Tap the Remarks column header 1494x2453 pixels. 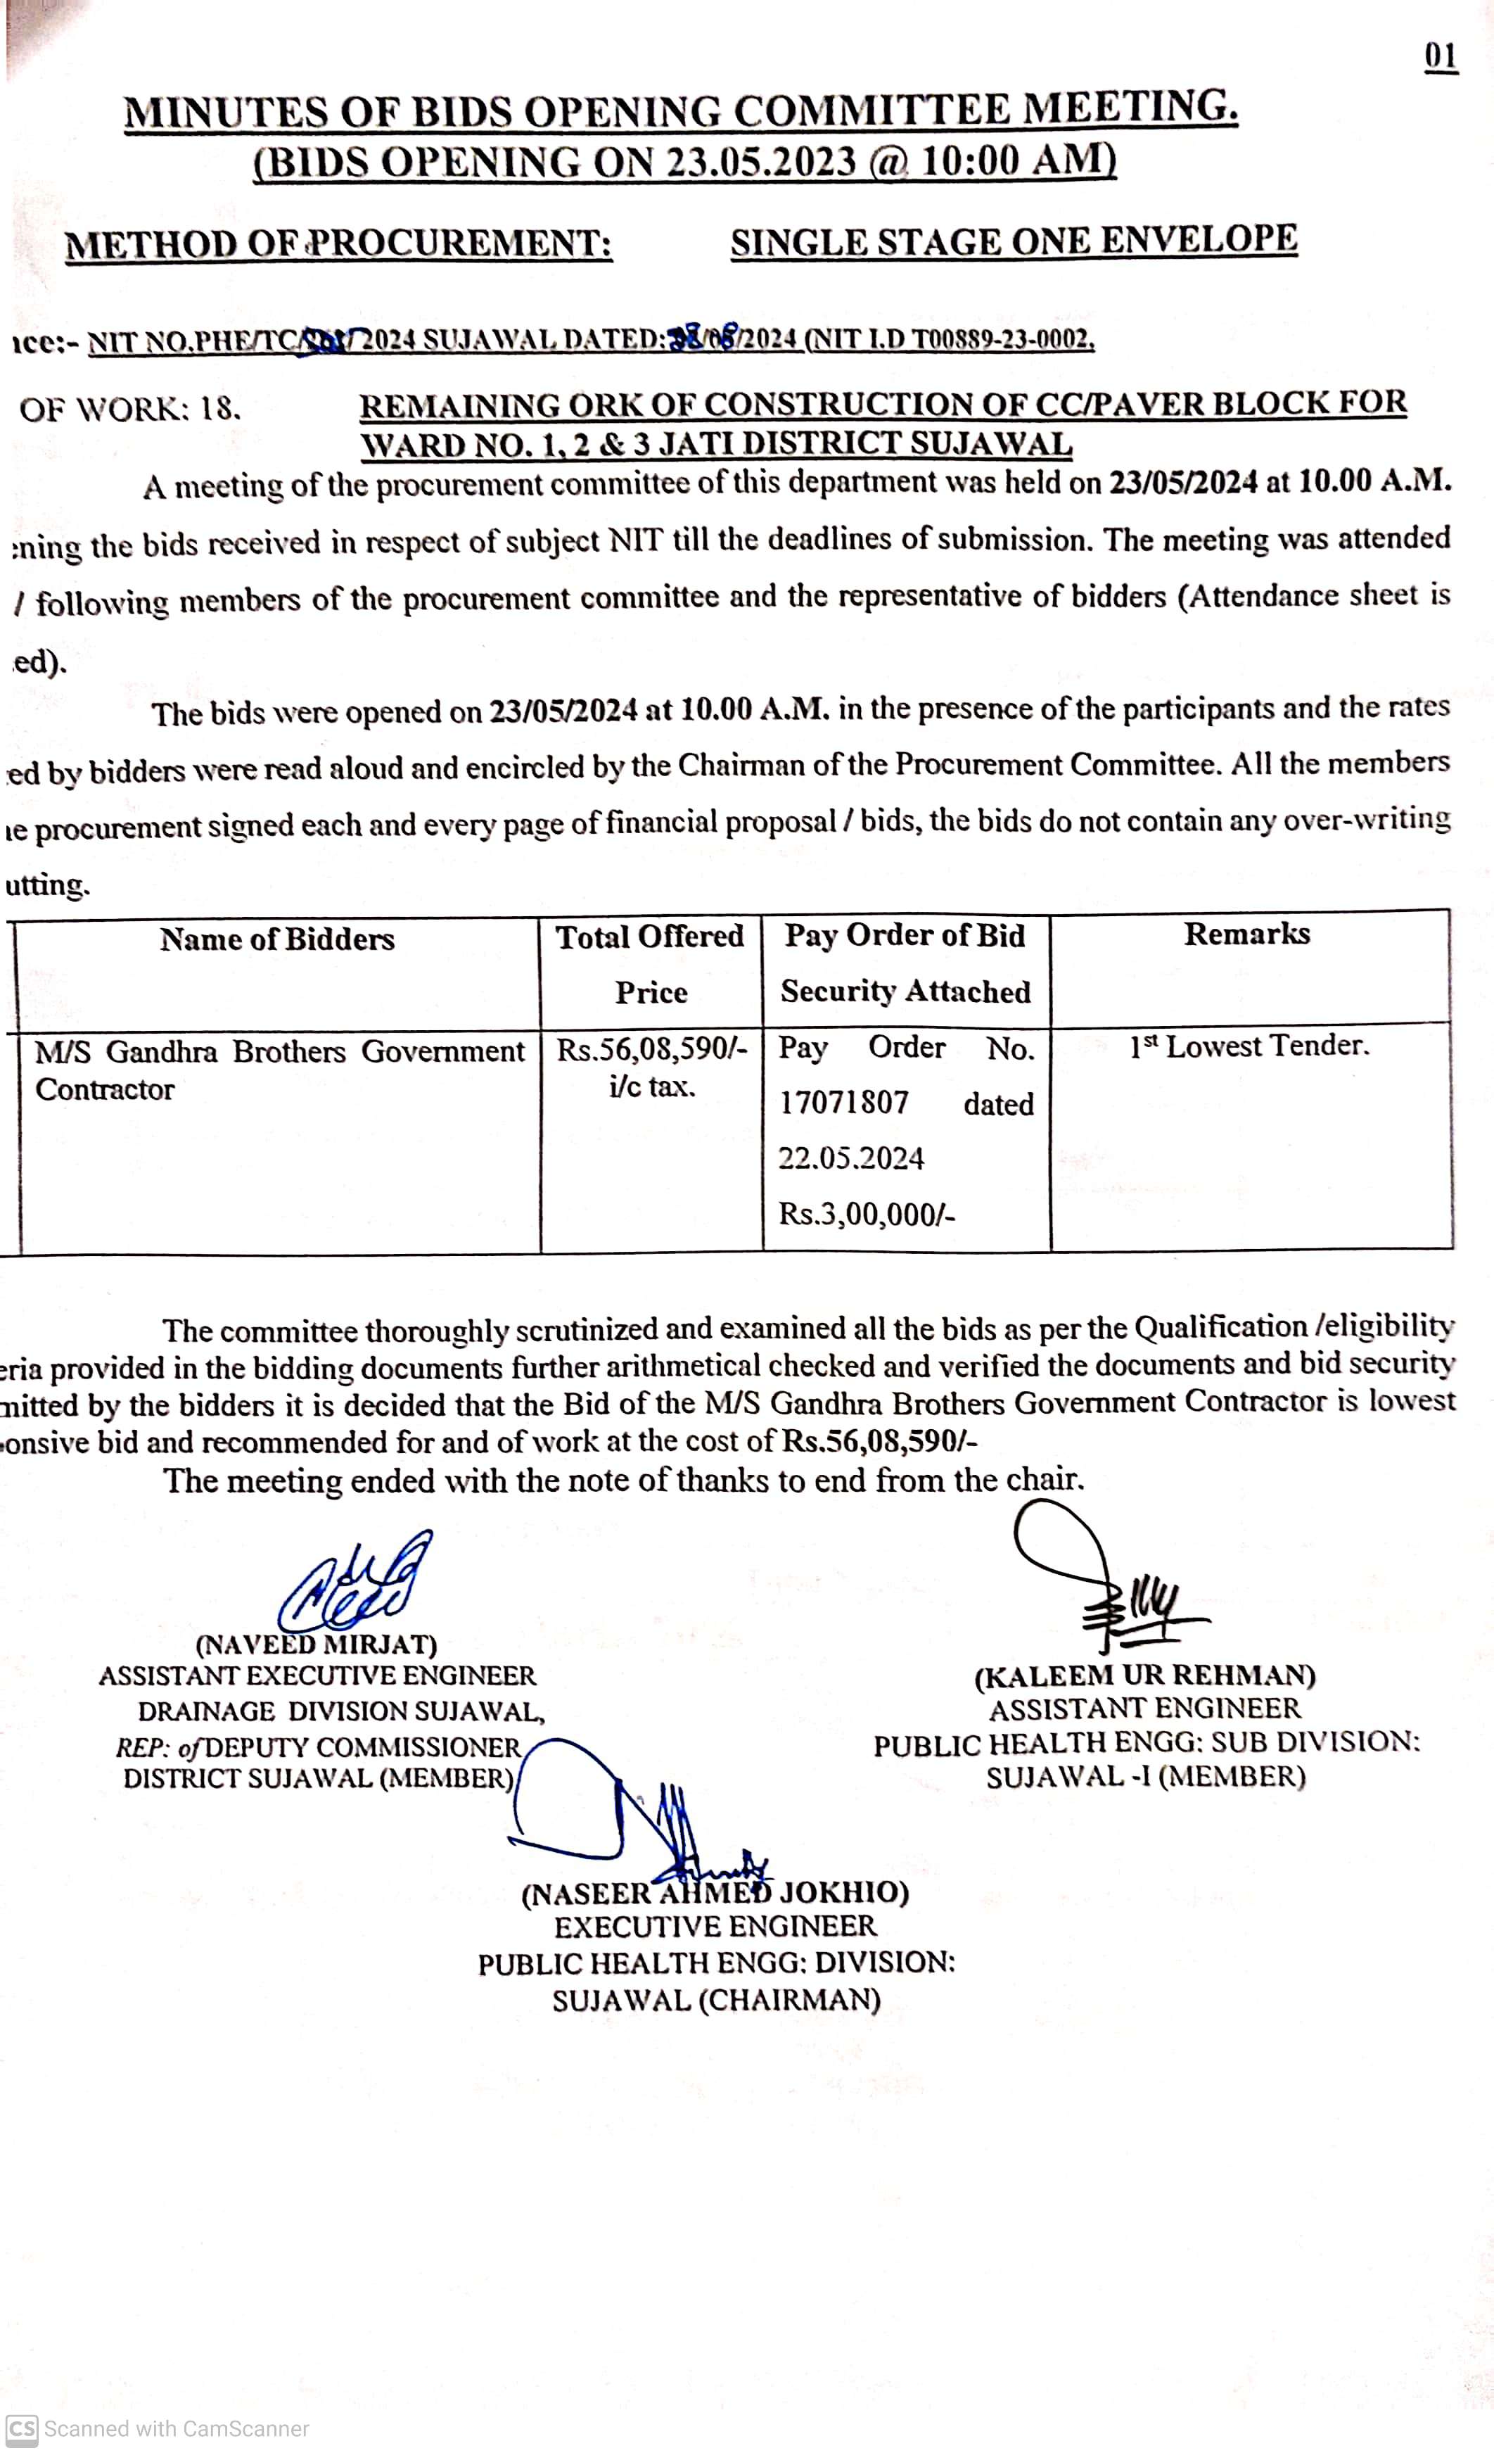pos(1246,934)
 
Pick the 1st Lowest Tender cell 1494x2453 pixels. pos(1249,1046)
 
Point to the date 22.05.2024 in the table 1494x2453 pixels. pos(851,1158)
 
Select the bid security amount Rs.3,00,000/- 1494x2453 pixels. pos(866,1215)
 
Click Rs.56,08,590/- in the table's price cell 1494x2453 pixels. pos(651,1051)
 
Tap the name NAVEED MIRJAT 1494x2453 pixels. pos(316,1644)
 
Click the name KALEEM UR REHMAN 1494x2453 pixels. pos(1144,1676)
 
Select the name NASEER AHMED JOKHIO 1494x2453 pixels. pos(715,1894)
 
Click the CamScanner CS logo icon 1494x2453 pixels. pos(21,2429)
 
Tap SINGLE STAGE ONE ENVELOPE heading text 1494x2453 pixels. pos(1014,241)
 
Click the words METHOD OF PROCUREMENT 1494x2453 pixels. pos(338,245)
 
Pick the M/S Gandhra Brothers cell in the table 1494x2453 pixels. pos(279,1069)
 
